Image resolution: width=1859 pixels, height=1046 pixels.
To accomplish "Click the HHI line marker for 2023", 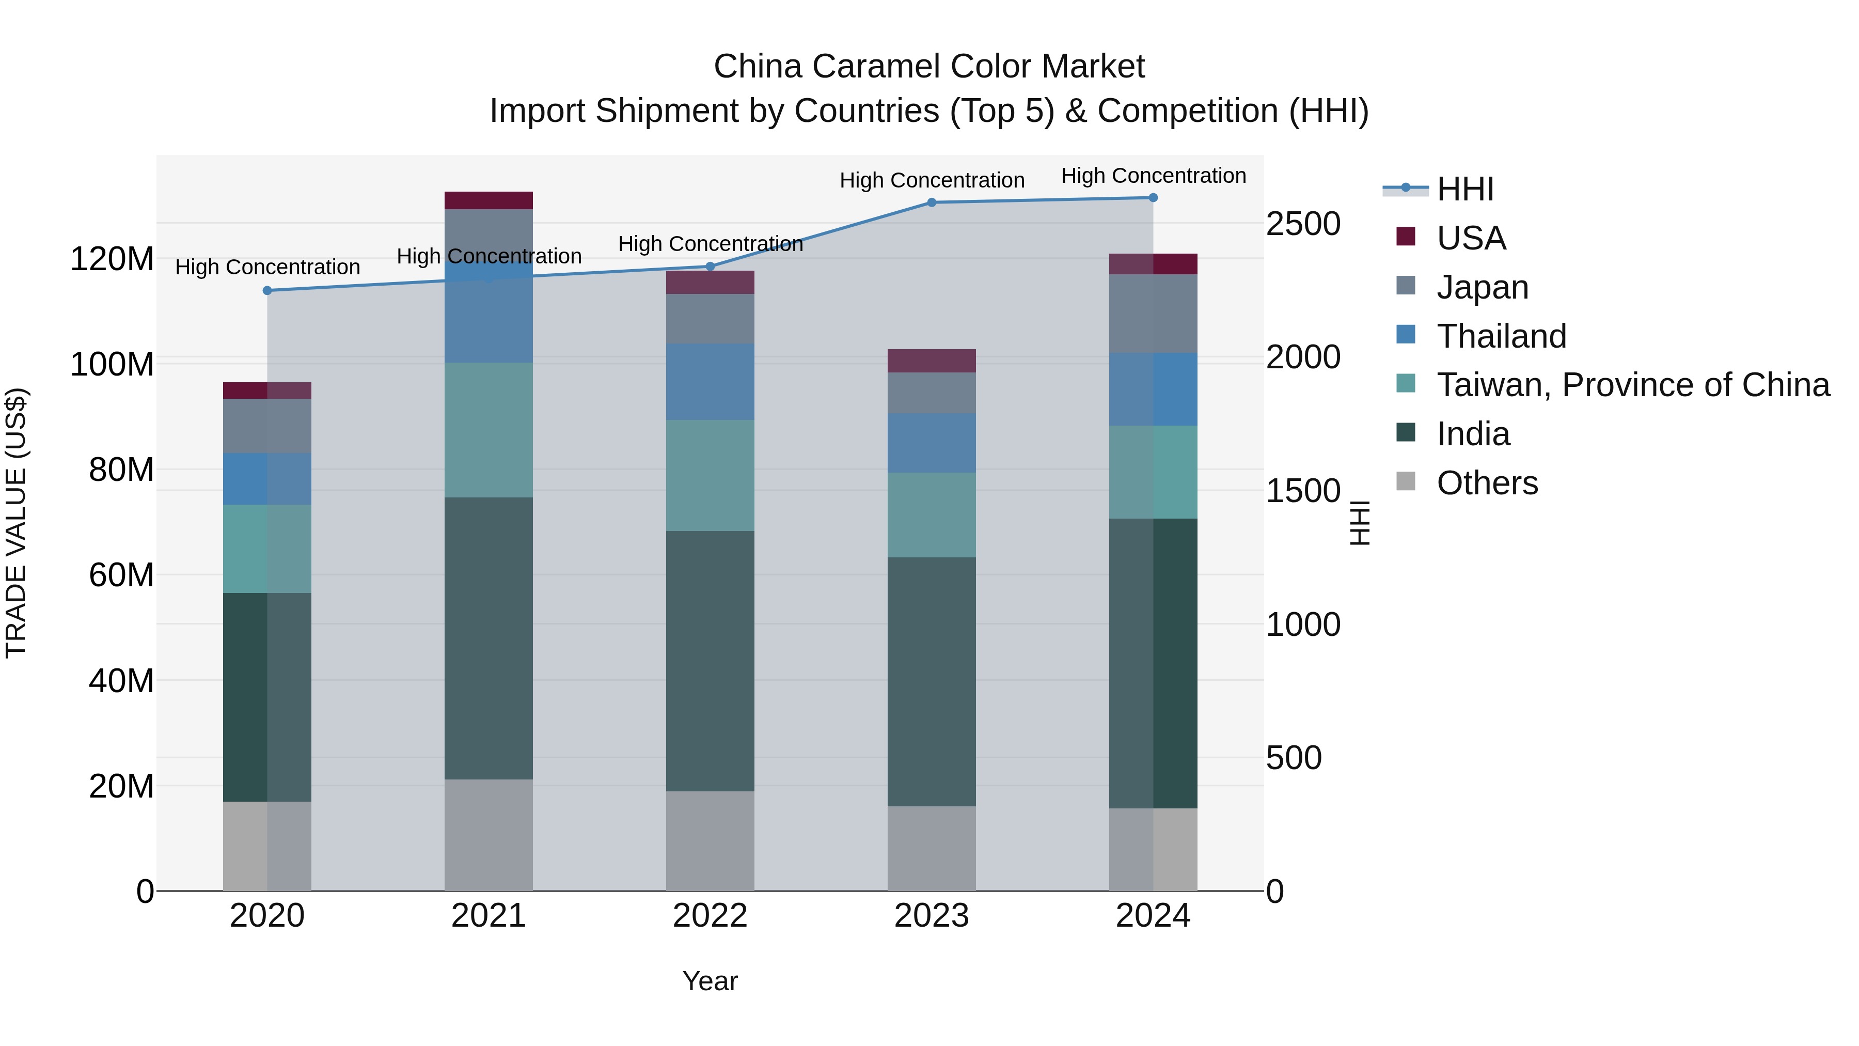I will (x=931, y=203).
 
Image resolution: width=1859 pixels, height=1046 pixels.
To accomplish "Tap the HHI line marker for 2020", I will (x=267, y=291).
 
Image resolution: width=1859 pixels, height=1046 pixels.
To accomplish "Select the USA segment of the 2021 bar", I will (x=489, y=200).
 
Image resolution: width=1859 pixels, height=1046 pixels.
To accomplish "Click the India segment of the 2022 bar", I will (x=710, y=661).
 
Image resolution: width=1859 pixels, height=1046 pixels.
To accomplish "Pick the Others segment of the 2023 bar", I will (x=931, y=848).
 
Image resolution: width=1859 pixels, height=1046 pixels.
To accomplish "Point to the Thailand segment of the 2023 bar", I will (x=931, y=443).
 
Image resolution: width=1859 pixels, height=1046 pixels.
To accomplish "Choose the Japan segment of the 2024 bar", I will (x=1153, y=314).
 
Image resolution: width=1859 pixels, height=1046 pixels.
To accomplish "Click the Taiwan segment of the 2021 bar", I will (x=489, y=430).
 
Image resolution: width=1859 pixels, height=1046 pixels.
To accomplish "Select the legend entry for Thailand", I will (x=1501, y=336).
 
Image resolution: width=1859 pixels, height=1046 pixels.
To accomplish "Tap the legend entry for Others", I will (x=1487, y=483).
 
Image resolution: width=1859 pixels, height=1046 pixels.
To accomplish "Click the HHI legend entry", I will (x=1465, y=189).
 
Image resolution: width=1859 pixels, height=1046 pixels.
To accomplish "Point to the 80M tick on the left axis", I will (x=121, y=470).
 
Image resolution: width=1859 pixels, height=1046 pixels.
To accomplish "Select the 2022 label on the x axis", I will (x=710, y=916).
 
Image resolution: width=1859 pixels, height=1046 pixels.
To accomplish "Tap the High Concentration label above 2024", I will (x=1153, y=176).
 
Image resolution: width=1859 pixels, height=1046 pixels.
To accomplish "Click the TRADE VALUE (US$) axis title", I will (x=16, y=523).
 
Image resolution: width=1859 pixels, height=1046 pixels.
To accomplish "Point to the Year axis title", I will (x=710, y=981).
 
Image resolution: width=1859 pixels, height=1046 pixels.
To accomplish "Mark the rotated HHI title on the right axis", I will (x=1360, y=523).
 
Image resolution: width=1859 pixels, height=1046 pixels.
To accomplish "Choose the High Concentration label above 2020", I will (x=267, y=267).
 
